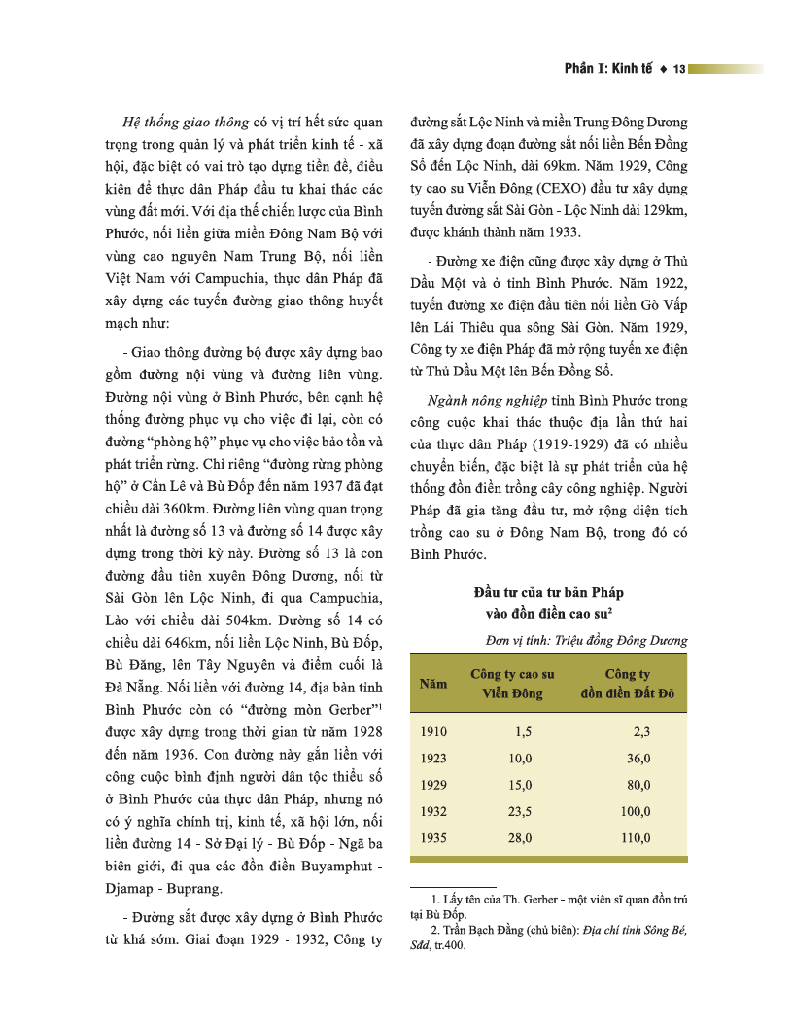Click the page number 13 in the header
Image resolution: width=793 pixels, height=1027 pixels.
click(679, 69)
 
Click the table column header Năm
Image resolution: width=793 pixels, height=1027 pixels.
click(433, 684)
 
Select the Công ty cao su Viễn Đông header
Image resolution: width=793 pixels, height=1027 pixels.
click(512, 684)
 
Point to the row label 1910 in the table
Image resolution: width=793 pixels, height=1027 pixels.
click(433, 730)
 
